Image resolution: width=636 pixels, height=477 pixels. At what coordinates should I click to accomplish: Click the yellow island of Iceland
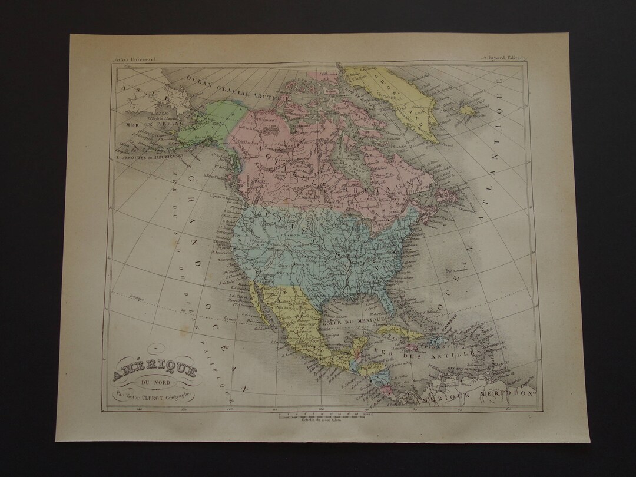(x=468, y=109)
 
